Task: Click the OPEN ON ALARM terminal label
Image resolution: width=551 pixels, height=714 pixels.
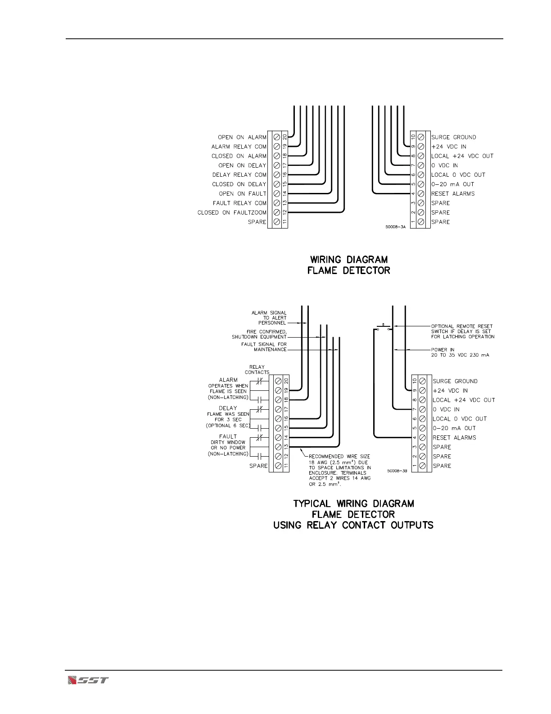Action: pos(242,137)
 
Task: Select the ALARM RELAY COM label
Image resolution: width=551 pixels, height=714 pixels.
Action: pos(239,147)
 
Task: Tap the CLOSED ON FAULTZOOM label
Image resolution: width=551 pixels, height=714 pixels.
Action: pos(232,213)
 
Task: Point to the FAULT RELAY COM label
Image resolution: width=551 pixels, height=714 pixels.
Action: pos(240,203)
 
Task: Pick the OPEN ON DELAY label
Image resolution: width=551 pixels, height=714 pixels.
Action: pos(242,165)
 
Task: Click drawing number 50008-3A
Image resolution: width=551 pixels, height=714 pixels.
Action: pos(396,227)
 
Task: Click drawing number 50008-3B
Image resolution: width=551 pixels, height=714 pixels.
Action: pos(397,471)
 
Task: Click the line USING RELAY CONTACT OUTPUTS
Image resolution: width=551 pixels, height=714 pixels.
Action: pos(353,525)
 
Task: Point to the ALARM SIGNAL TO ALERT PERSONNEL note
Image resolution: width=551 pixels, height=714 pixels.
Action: pos(269,318)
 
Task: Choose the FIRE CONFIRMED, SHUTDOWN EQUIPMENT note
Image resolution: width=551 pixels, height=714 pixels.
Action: pos(259,334)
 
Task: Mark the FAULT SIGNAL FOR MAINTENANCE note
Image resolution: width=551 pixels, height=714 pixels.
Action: pos(264,347)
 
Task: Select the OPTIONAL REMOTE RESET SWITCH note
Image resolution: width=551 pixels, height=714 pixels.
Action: pos(462,331)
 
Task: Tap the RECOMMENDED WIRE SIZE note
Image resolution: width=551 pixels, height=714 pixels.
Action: pos(340,471)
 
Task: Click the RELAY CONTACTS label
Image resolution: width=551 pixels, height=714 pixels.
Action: pos(257,370)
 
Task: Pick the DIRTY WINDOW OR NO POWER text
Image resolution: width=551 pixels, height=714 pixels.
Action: pos(228,445)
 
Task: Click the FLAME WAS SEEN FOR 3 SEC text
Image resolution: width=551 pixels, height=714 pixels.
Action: pos(228,417)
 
